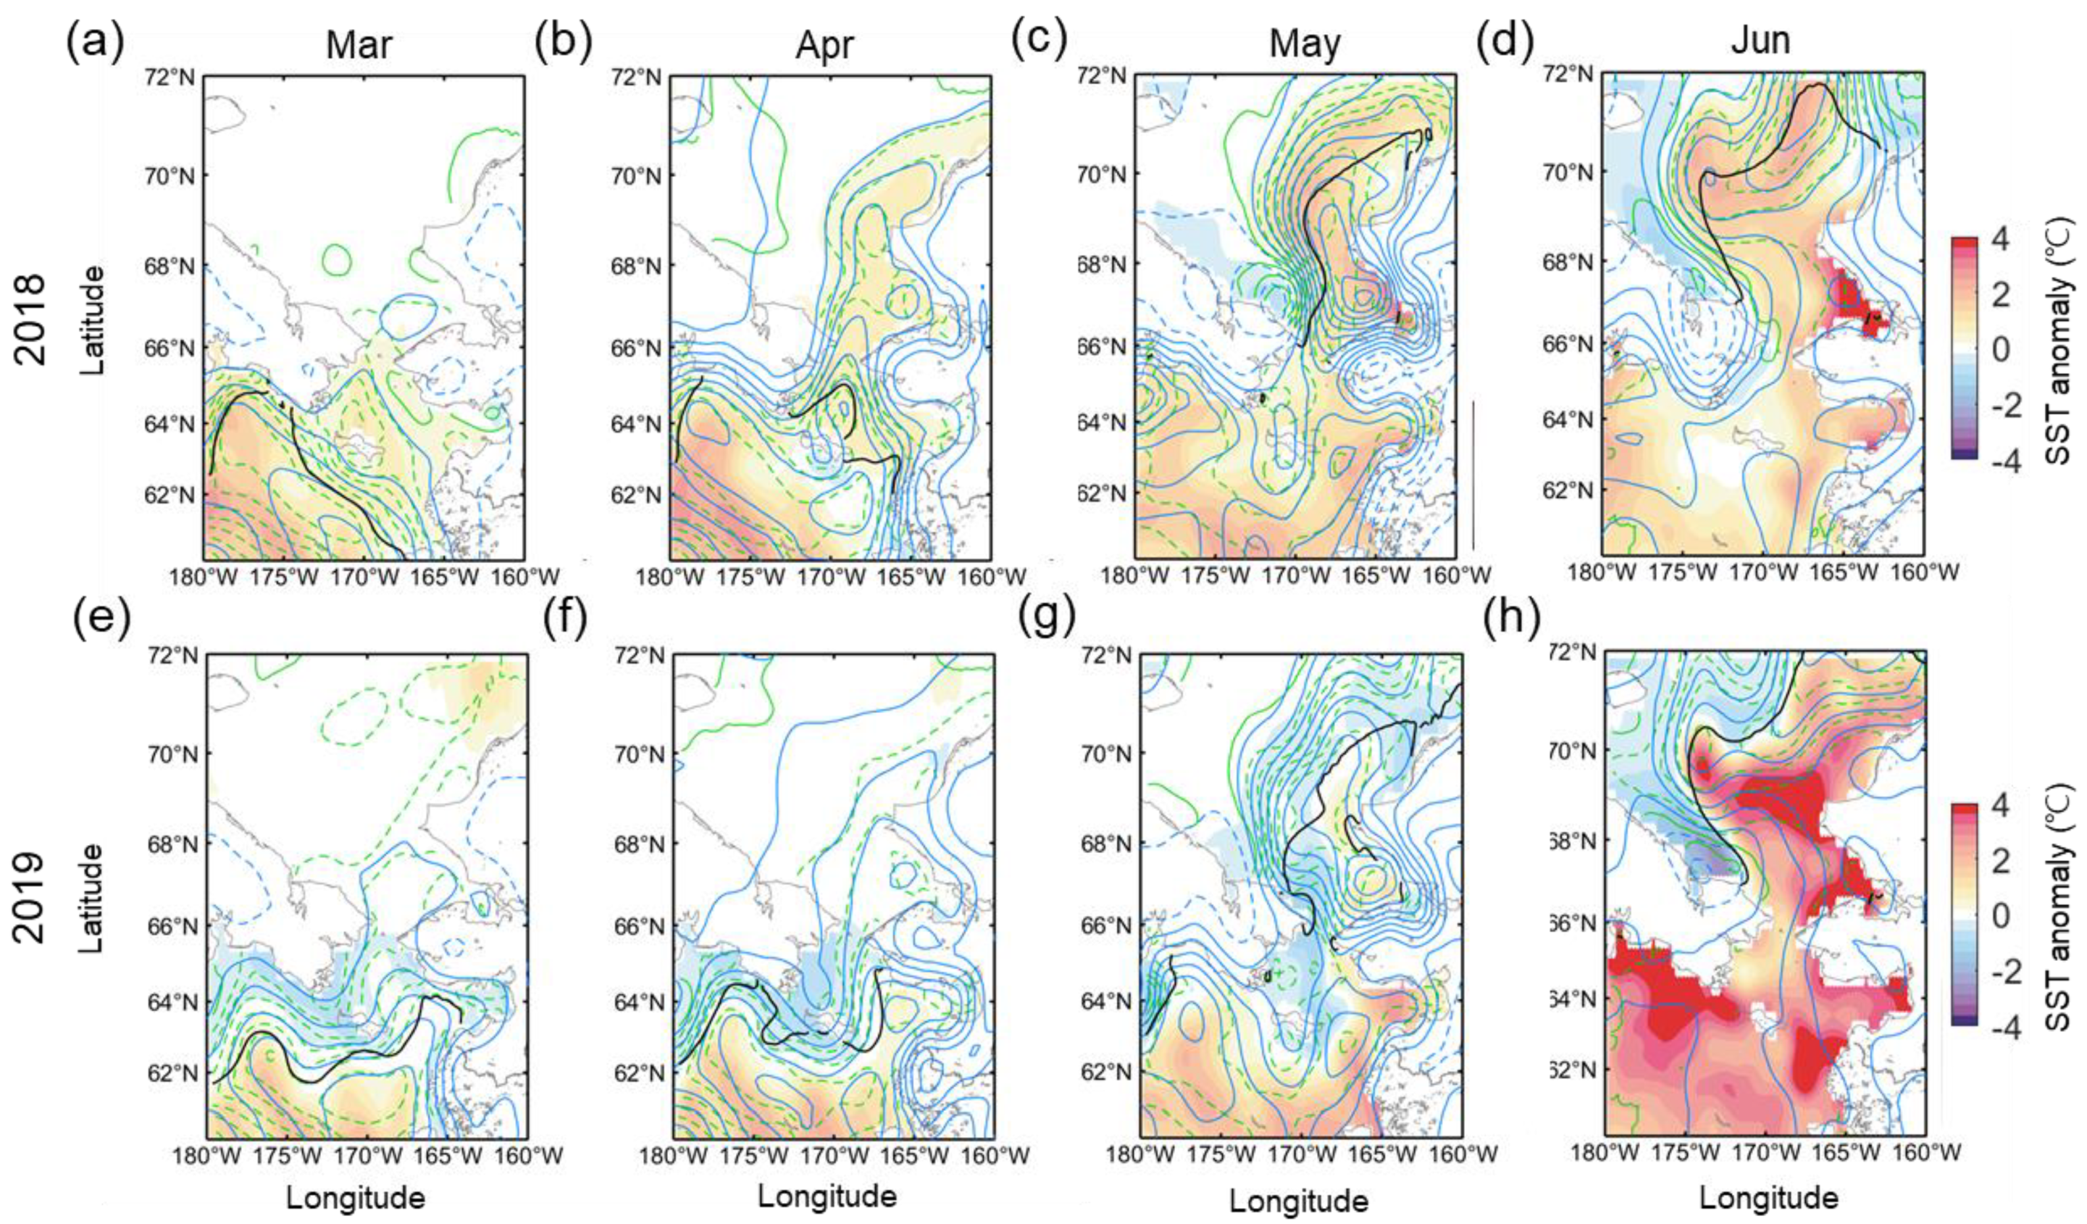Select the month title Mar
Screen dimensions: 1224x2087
[x=358, y=45]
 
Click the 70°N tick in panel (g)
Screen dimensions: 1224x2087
[x=1107, y=754]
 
